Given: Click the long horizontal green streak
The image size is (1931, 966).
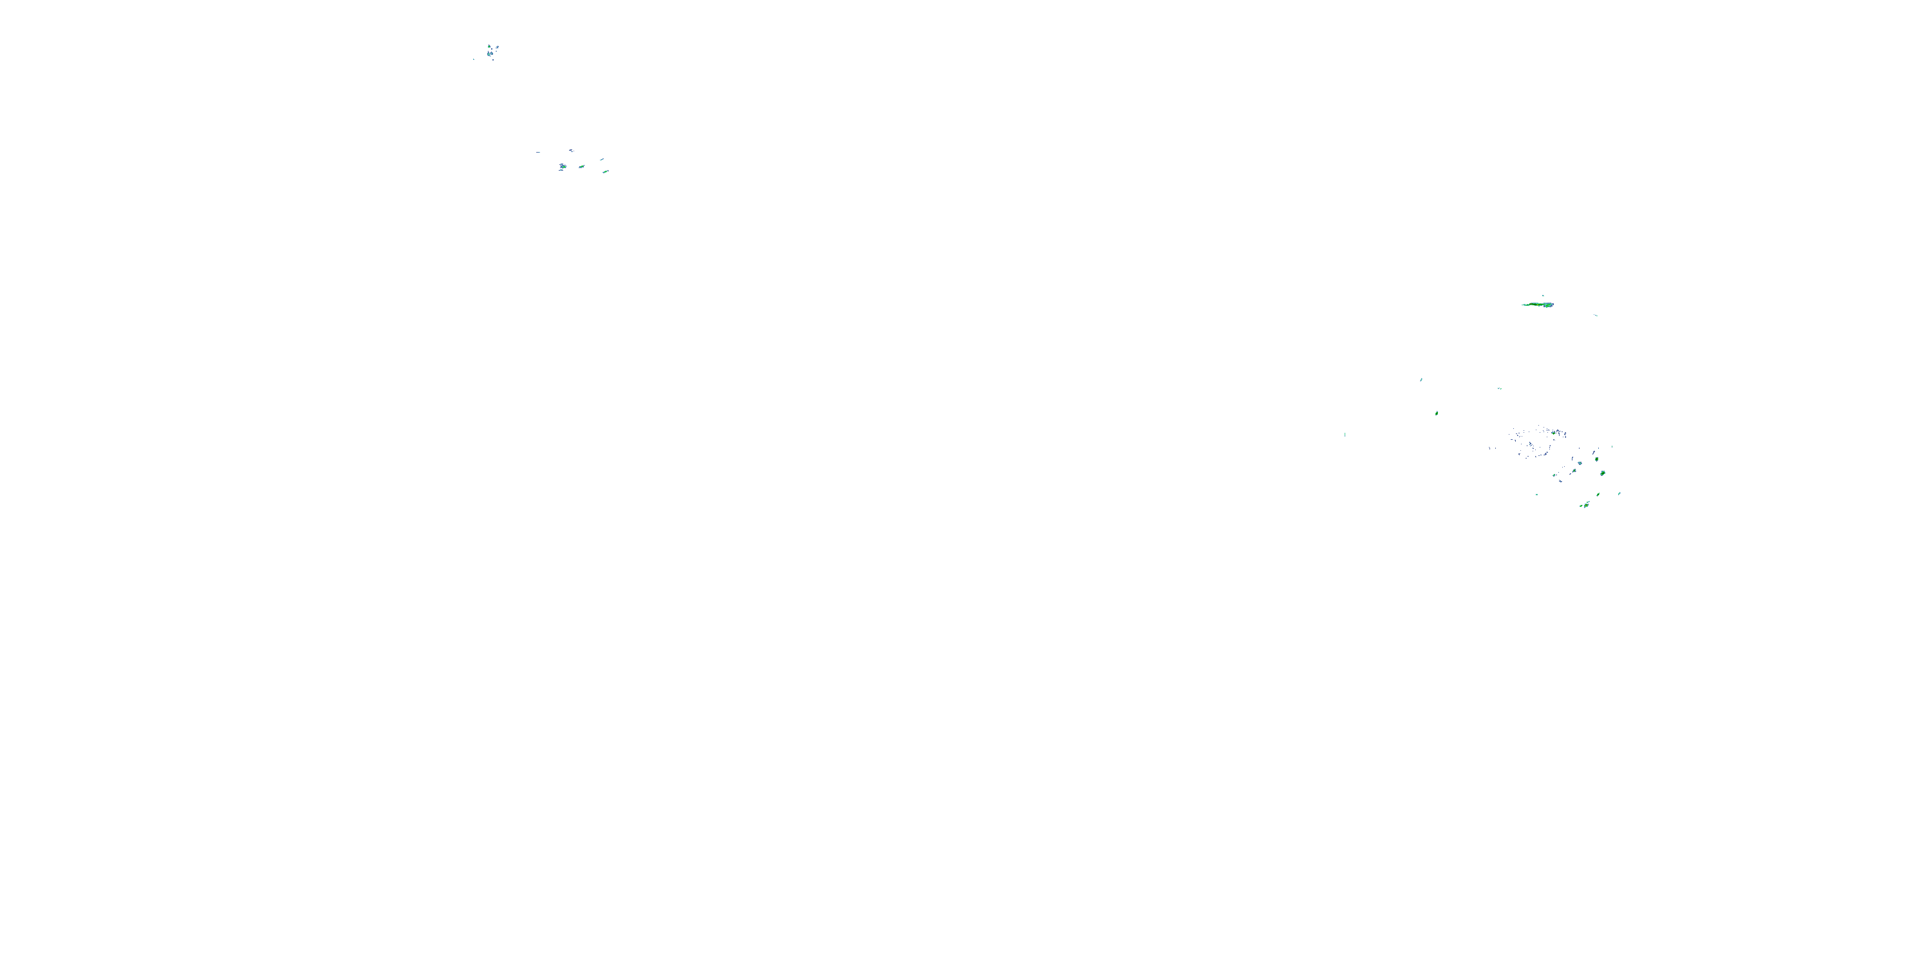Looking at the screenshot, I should (1536, 305).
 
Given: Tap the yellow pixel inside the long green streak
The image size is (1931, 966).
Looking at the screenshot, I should (1538, 305).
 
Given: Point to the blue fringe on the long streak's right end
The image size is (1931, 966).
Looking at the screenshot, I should (1553, 305).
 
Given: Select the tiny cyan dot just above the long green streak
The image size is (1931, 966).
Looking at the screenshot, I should (1544, 296).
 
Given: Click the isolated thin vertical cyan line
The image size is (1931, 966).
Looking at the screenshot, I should (1345, 434).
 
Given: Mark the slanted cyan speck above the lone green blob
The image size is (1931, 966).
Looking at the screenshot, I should (1421, 379).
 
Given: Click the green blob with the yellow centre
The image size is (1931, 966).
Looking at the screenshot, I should (1587, 506).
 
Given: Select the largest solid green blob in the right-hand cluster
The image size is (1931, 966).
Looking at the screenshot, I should (1603, 473).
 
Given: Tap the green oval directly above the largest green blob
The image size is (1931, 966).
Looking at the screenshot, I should (1598, 459).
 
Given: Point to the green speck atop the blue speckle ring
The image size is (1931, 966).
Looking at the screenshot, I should (1554, 433).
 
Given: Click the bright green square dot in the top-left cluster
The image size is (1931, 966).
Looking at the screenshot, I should (489, 46).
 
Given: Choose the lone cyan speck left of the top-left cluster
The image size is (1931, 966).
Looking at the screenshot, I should (474, 60).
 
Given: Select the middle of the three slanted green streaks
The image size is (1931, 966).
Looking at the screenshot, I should (583, 167).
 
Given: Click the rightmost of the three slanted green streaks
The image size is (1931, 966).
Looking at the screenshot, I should (606, 172).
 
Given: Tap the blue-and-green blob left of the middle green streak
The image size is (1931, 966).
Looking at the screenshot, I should (564, 167).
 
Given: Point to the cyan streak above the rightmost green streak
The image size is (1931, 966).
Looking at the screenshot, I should (602, 160).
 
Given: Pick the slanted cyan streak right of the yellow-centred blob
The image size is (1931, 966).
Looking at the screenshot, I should (1620, 493).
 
